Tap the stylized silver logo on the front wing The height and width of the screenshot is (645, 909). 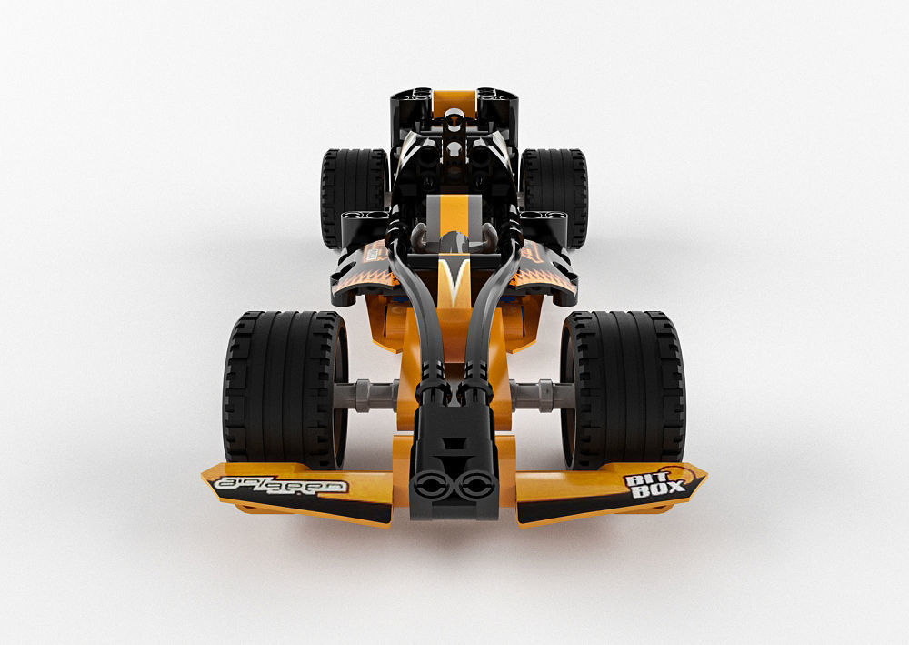281,485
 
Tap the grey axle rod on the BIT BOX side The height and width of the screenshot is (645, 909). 540,394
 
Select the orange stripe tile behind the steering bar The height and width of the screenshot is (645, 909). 452,214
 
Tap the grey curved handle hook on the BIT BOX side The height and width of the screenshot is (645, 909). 491,238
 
